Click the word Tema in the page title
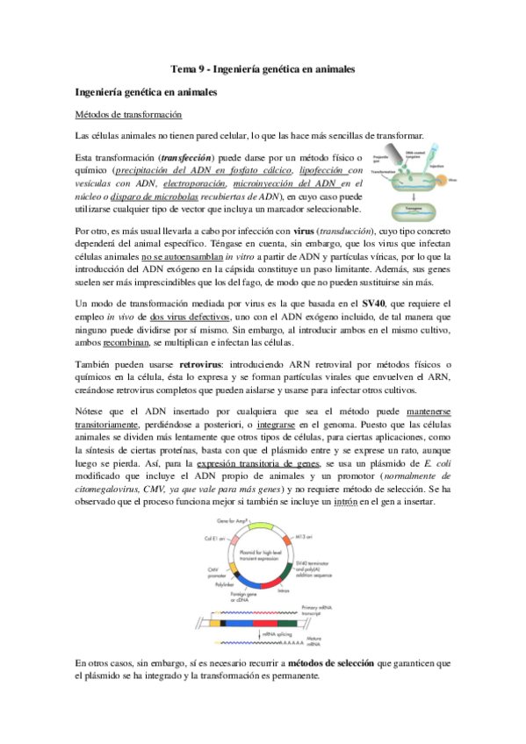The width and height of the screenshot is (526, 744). (x=181, y=68)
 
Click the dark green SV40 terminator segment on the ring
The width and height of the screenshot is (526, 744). (x=286, y=568)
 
